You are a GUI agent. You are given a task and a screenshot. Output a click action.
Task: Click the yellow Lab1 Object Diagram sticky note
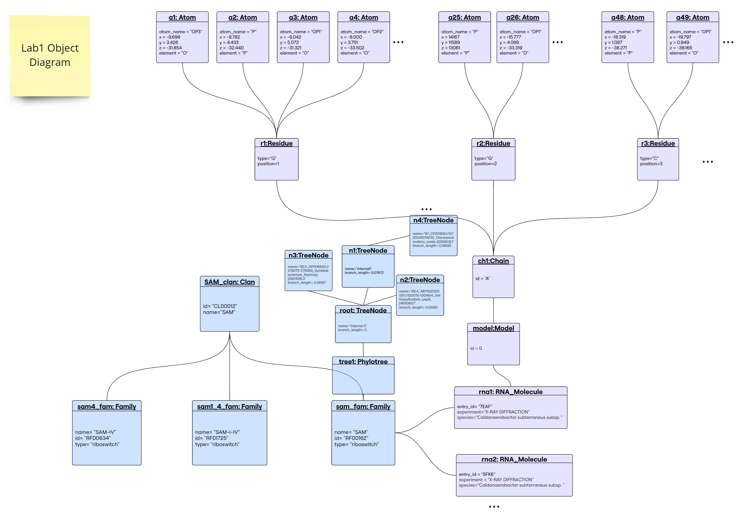50,56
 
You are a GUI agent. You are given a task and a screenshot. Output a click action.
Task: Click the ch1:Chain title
493,261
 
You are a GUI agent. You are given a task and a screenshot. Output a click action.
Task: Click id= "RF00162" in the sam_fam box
351,438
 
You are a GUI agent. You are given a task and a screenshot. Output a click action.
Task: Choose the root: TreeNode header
363,310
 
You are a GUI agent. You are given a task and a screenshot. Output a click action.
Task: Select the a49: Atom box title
693,17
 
